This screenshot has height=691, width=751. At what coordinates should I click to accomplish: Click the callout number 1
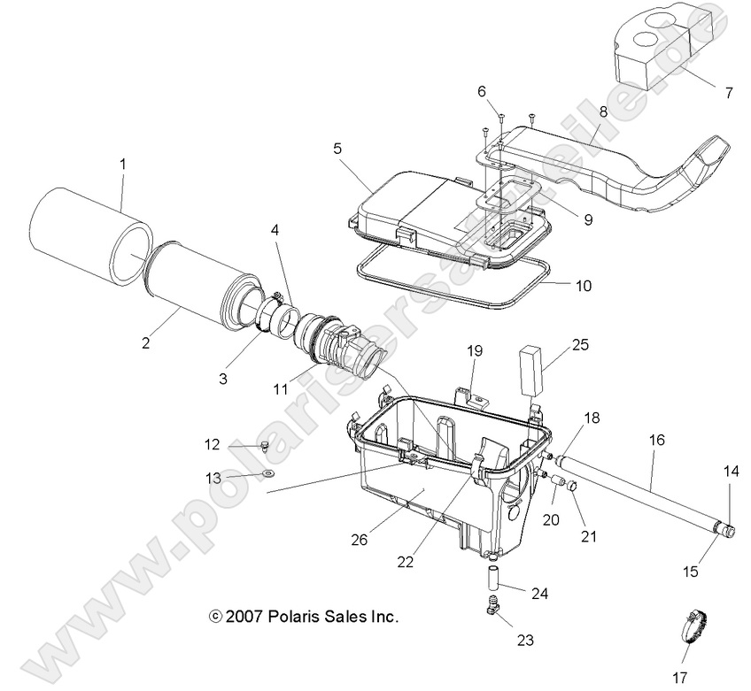pos(123,163)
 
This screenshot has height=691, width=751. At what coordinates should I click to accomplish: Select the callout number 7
pos(730,91)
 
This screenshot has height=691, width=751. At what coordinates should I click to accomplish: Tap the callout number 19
pos(475,350)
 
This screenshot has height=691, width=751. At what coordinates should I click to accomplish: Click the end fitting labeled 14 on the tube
pos(728,530)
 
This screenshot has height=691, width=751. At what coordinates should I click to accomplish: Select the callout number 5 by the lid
pos(337,149)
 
